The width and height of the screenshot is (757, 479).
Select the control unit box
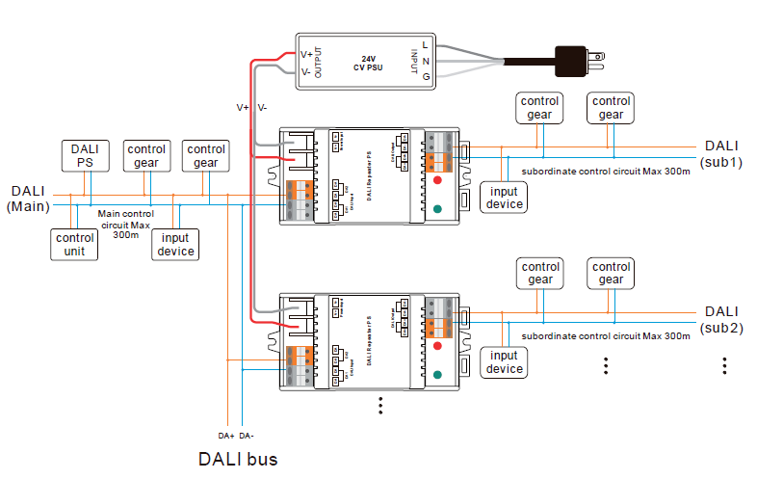click(74, 244)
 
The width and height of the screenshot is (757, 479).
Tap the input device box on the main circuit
click(175, 244)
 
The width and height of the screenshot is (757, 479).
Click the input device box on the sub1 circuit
click(504, 197)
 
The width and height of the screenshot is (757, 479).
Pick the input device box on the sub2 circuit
click(504, 362)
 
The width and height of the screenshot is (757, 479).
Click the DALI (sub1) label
click(721, 153)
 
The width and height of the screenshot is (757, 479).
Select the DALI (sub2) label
click(721, 319)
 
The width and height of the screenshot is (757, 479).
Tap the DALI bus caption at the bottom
click(238, 459)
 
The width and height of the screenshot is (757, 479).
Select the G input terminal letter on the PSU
click(425, 76)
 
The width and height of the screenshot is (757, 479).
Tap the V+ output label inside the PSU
click(305, 54)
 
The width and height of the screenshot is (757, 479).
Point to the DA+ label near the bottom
click(226, 435)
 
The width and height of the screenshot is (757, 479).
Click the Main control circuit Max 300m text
click(125, 223)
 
